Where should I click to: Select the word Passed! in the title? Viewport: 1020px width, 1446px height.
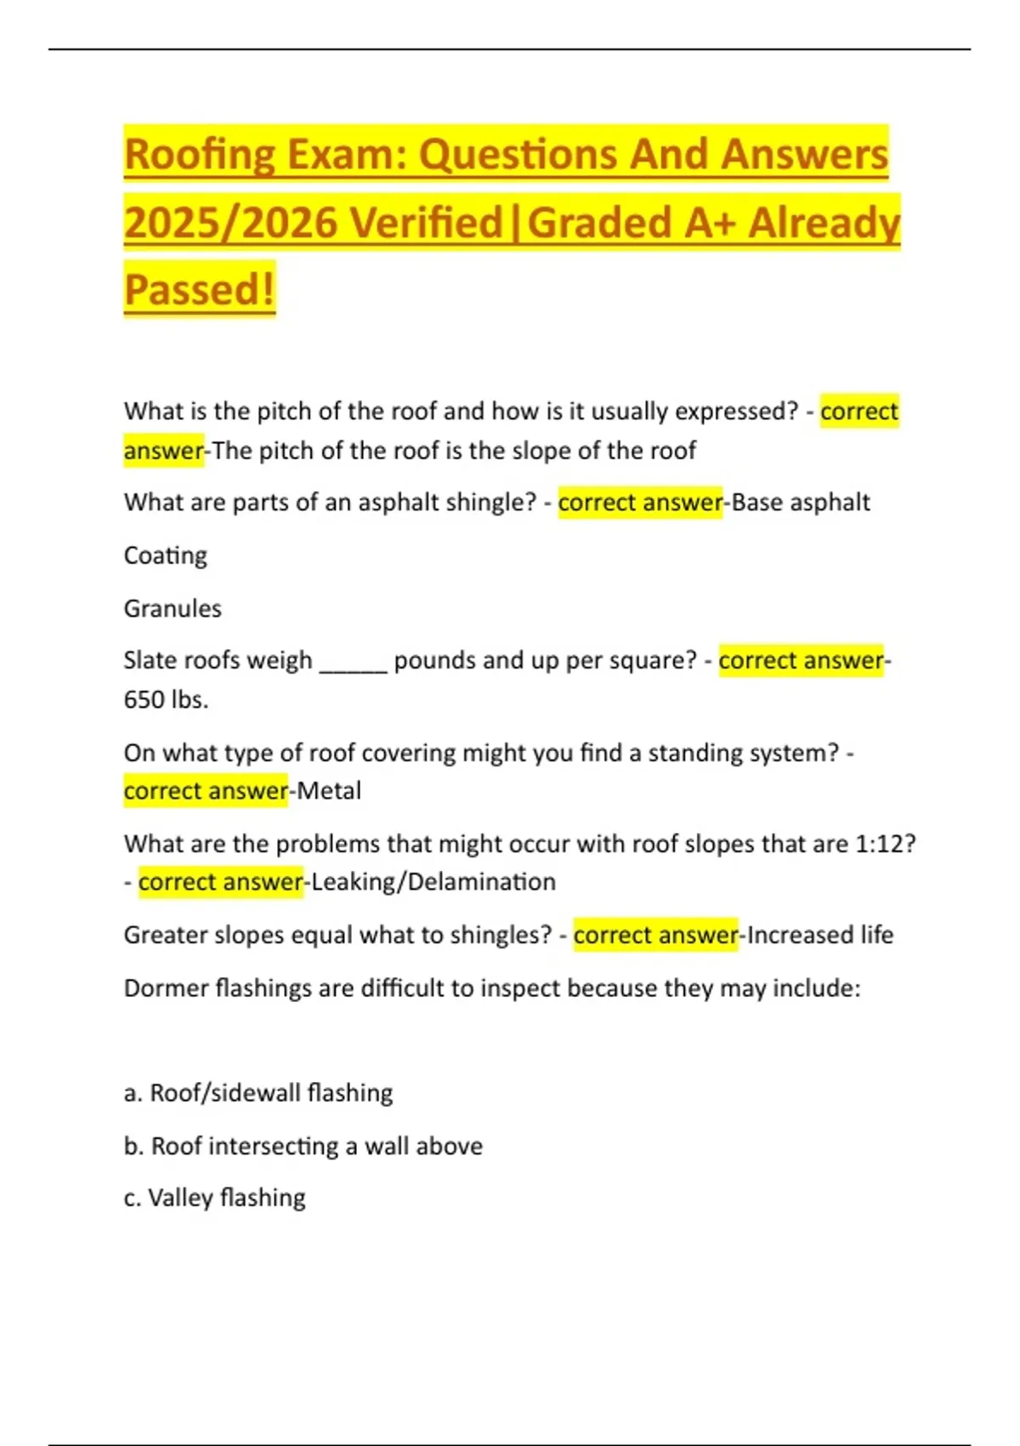coord(199,289)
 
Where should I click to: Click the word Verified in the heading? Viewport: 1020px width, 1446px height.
coord(428,223)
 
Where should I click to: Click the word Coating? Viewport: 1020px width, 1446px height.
coord(166,555)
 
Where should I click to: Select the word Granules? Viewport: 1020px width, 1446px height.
coord(173,609)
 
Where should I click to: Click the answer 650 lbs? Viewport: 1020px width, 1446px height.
coord(166,700)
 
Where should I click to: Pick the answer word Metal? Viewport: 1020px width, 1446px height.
coord(329,791)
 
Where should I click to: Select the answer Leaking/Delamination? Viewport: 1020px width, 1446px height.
coord(433,882)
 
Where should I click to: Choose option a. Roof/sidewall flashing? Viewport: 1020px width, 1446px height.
coord(258,1093)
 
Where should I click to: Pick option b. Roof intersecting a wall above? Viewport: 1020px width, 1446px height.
coord(303,1147)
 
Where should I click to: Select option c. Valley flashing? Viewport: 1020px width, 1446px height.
coord(215,1198)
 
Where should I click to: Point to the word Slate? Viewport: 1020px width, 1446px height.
coord(150,661)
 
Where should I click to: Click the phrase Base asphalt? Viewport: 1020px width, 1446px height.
coord(801,503)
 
